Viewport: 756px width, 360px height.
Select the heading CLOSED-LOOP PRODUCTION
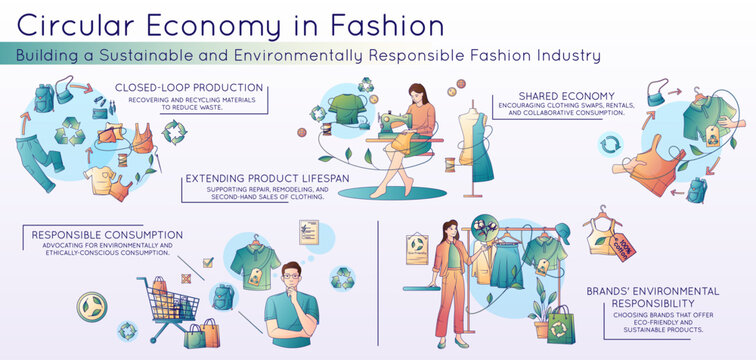(x=189, y=88)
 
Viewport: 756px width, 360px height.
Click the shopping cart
(x=169, y=304)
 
